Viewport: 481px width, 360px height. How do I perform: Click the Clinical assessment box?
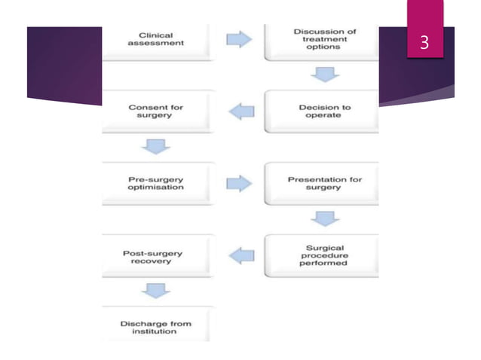[157, 40]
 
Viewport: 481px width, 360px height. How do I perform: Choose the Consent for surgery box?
[157, 111]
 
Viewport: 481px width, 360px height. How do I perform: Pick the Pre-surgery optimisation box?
[157, 184]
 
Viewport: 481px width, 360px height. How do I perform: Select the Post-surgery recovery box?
[157, 256]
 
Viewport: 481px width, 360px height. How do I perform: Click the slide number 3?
[424, 43]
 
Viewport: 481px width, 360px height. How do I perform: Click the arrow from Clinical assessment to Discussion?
[240, 39]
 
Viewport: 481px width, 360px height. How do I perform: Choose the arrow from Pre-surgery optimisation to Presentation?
[240, 184]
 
